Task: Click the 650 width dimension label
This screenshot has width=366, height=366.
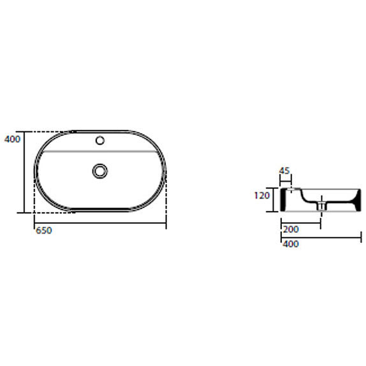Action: click(x=44, y=231)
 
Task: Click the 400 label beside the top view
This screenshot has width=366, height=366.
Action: click(x=12, y=139)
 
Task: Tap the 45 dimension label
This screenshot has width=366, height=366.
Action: click(x=284, y=171)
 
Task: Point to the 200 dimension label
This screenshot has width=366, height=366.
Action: click(x=291, y=229)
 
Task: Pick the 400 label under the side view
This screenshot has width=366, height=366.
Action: click(x=291, y=244)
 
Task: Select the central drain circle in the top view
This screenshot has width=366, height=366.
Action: click(x=100, y=171)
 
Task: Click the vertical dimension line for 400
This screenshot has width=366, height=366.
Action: click(x=25, y=172)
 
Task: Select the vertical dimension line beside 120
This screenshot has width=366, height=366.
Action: click(x=274, y=199)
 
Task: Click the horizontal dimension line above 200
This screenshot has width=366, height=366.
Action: click(x=300, y=223)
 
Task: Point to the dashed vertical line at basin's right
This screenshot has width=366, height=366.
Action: click(x=166, y=197)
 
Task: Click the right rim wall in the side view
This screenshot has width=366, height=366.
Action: click(x=356, y=199)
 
